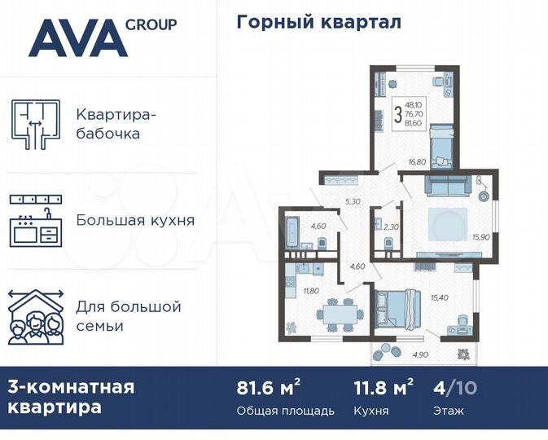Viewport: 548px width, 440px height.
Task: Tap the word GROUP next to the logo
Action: pos(151,24)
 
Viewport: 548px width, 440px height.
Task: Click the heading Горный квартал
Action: pos(318,22)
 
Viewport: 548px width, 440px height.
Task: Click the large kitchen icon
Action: pos(36,221)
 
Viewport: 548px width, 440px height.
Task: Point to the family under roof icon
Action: pos(36,316)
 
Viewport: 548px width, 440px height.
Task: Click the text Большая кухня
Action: pos(135,220)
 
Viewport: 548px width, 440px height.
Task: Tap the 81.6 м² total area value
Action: pos(265,387)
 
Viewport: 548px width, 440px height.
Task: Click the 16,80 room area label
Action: pos(417,162)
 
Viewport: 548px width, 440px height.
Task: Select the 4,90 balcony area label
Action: pos(420,355)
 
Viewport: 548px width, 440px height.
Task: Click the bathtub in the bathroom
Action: pos(292,222)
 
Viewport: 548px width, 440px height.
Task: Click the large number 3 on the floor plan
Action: pos(397,115)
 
